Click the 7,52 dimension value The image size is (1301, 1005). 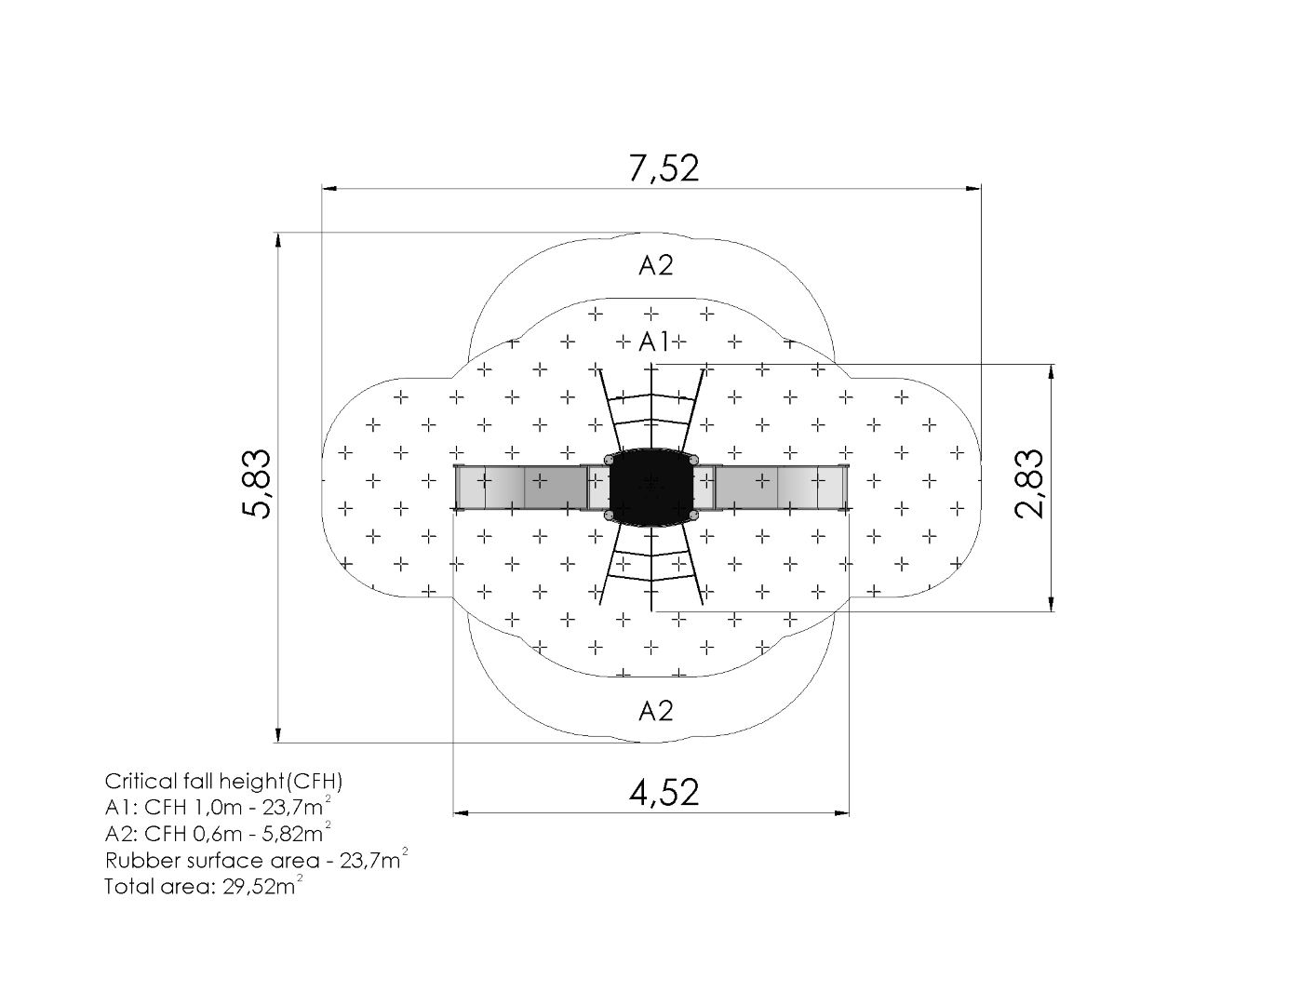tap(664, 168)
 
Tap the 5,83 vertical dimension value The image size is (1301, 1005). tap(257, 483)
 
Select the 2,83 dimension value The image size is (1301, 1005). tap(1029, 483)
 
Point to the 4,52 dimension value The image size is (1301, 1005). tap(664, 793)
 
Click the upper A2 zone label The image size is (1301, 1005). tap(655, 265)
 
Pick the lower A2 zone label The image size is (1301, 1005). tap(655, 711)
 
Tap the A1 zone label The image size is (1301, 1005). tap(654, 342)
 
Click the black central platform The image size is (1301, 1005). tap(651, 488)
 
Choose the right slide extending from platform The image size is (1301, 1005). tap(772, 488)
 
